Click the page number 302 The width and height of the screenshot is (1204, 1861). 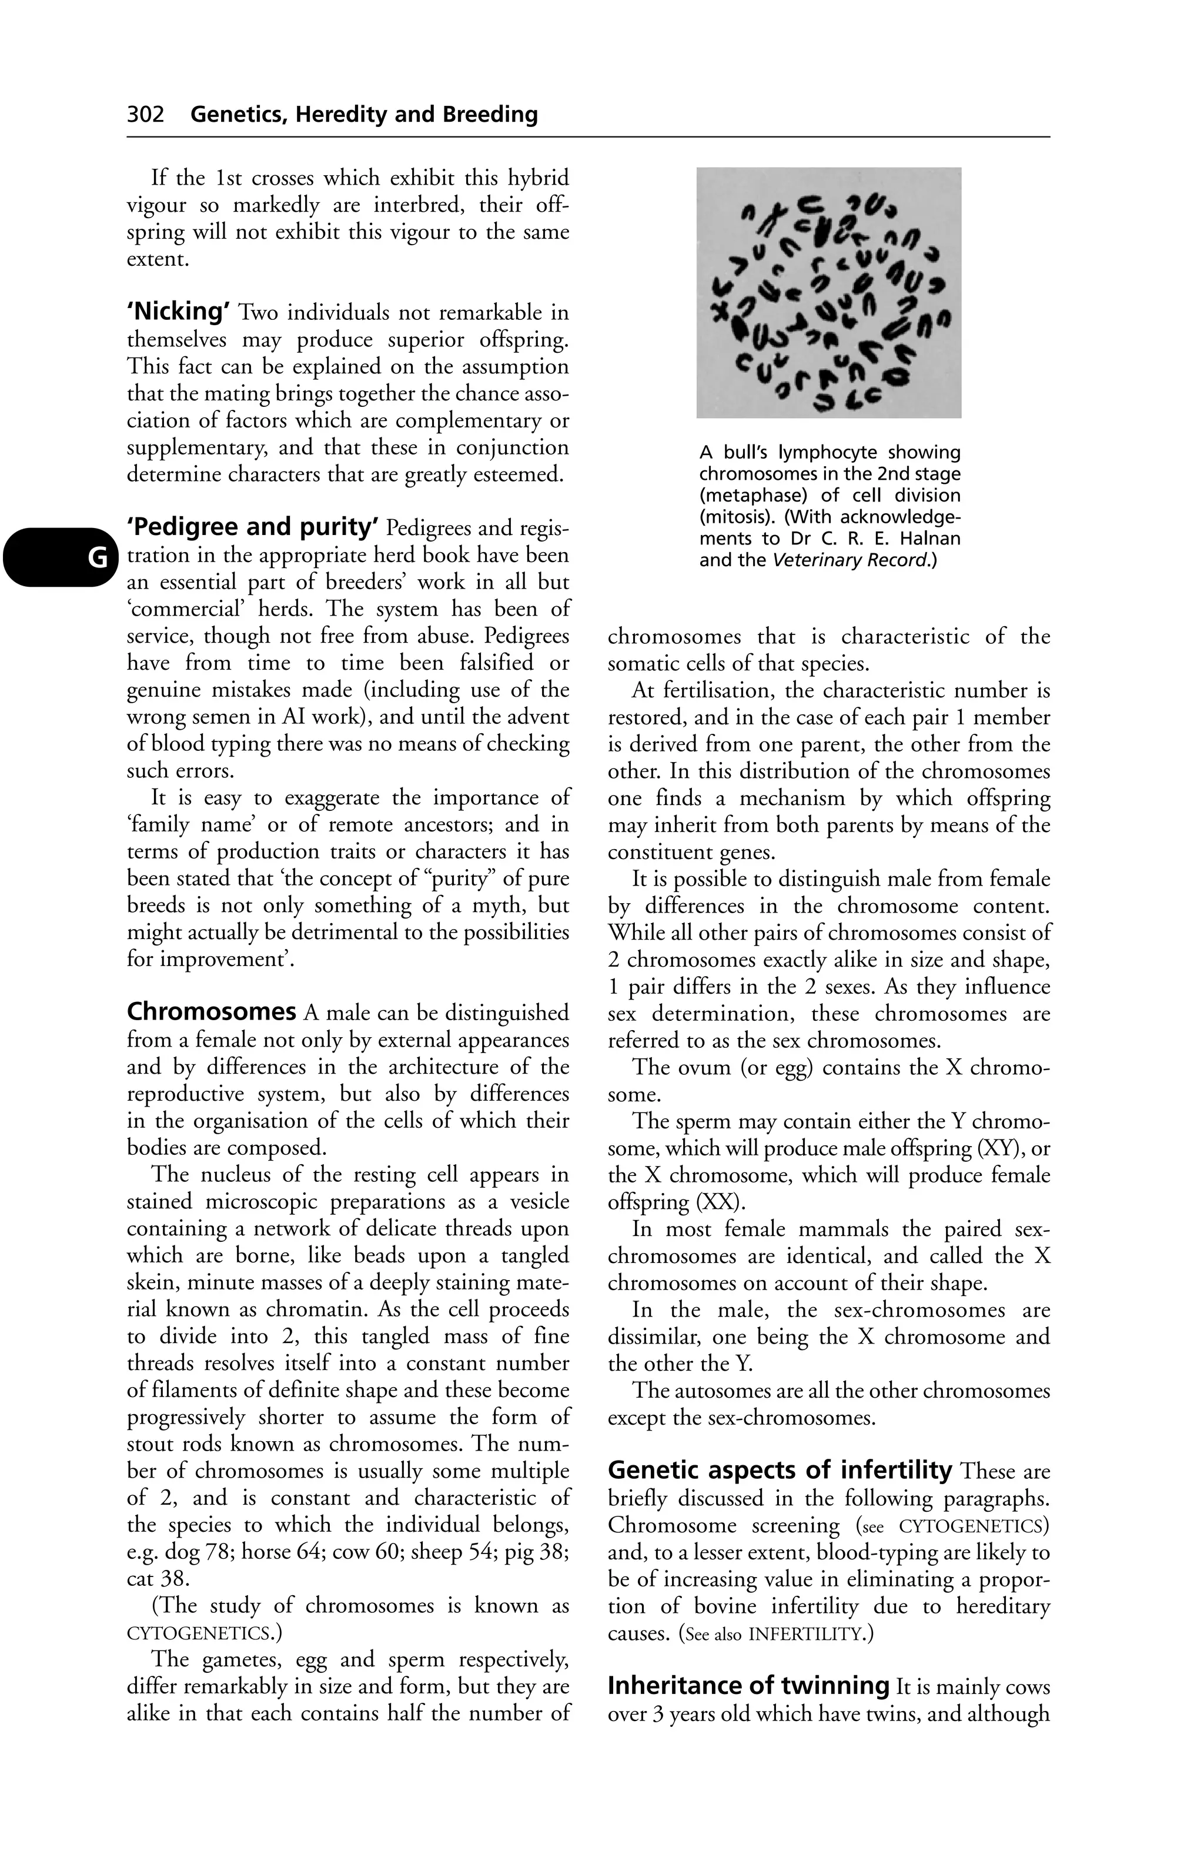point(145,115)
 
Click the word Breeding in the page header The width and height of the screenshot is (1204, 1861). point(489,115)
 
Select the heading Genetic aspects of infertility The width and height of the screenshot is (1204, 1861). point(780,1470)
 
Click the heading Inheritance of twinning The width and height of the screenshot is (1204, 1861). point(748,1685)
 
